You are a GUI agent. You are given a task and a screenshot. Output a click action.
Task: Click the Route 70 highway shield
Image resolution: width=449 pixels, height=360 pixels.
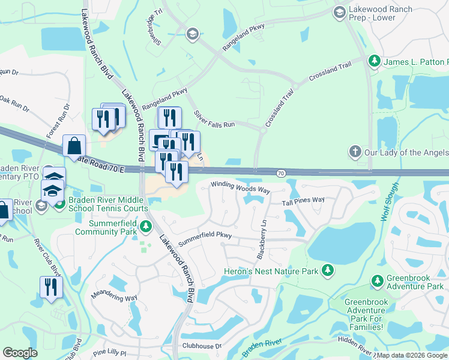[x=281, y=173]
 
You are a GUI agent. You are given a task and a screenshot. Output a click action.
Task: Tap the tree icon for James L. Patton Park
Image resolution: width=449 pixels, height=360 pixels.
[x=374, y=62]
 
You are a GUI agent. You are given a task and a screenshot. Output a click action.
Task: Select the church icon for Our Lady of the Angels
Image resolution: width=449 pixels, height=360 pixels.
[x=355, y=152]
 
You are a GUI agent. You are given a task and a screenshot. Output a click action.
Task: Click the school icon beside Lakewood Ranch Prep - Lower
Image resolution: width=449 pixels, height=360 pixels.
[x=340, y=12]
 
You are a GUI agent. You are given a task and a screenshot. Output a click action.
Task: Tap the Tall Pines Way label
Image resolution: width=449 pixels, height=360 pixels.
[x=303, y=201]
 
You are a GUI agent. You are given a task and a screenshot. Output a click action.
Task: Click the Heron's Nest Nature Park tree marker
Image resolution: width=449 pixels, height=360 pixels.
[x=328, y=271]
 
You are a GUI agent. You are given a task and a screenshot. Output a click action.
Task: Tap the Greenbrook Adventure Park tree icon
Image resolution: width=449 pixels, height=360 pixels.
[x=377, y=281]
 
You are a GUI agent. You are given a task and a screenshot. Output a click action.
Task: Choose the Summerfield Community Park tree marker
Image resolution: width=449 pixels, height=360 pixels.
[x=146, y=227]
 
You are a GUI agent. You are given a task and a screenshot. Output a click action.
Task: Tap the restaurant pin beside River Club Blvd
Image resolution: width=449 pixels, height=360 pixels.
[x=51, y=287]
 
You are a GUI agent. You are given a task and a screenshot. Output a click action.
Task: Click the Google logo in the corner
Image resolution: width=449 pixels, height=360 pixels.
[x=20, y=353]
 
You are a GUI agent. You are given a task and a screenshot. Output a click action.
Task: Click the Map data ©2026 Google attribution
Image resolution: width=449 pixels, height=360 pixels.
[x=412, y=355]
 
